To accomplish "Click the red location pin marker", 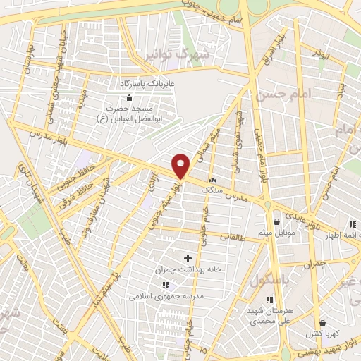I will (x=182, y=166).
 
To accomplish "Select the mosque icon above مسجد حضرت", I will (x=130, y=98).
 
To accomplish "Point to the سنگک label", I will (x=212, y=190).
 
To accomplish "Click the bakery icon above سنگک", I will (x=213, y=180).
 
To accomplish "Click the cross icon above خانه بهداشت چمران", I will (x=188, y=258).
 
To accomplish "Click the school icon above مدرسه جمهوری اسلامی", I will (x=166, y=285).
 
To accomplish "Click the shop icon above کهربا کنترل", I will (x=322, y=322).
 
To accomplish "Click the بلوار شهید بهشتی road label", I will (x=323, y=352).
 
